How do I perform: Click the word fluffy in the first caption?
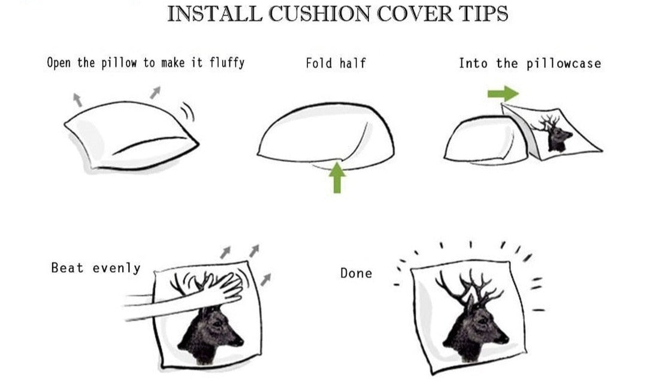226,62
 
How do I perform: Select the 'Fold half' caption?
335,63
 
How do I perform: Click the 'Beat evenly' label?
95,268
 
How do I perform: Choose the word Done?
356,273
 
